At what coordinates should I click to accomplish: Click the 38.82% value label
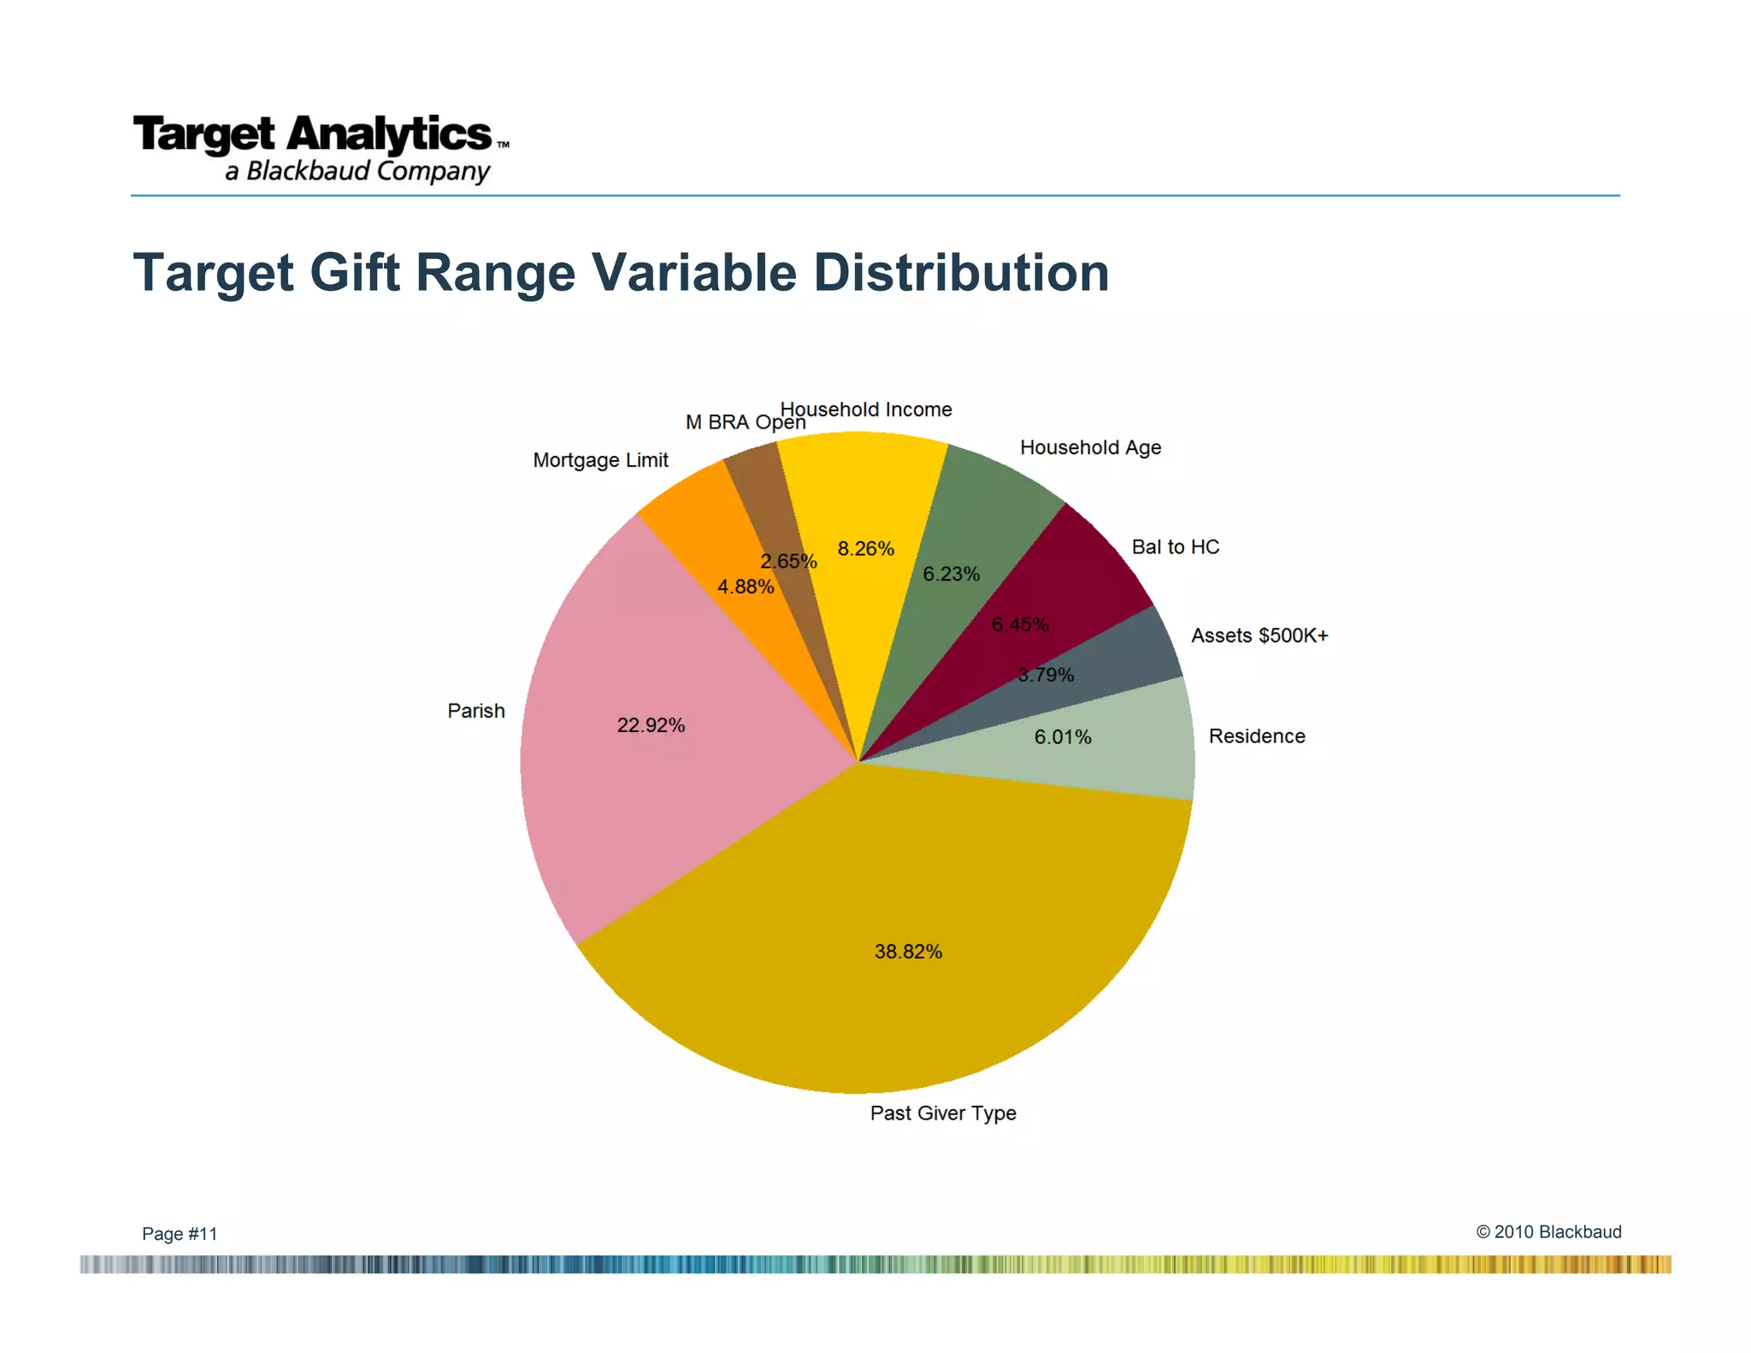pos(908,951)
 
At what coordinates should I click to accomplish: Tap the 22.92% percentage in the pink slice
pos(651,725)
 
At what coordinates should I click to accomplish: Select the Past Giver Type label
pos(943,1113)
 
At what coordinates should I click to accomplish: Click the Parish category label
pos(476,711)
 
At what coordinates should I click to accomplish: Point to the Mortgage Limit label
pos(600,460)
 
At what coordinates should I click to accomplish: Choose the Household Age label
pos(1090,447)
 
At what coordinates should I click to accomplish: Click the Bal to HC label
pos(1175,547)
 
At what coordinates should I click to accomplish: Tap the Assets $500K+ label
pos(1259,635)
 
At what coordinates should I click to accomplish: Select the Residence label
pos(1256,736)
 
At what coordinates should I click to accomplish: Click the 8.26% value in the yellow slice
pos(865,548)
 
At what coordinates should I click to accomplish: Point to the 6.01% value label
pos(1063,737)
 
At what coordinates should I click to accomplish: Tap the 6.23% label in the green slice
pos(951,574)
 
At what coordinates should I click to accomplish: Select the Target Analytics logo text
pos(313,134)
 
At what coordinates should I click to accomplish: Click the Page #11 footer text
pos(180,1233)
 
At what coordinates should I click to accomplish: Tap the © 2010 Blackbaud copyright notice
pos(1548,1232)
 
